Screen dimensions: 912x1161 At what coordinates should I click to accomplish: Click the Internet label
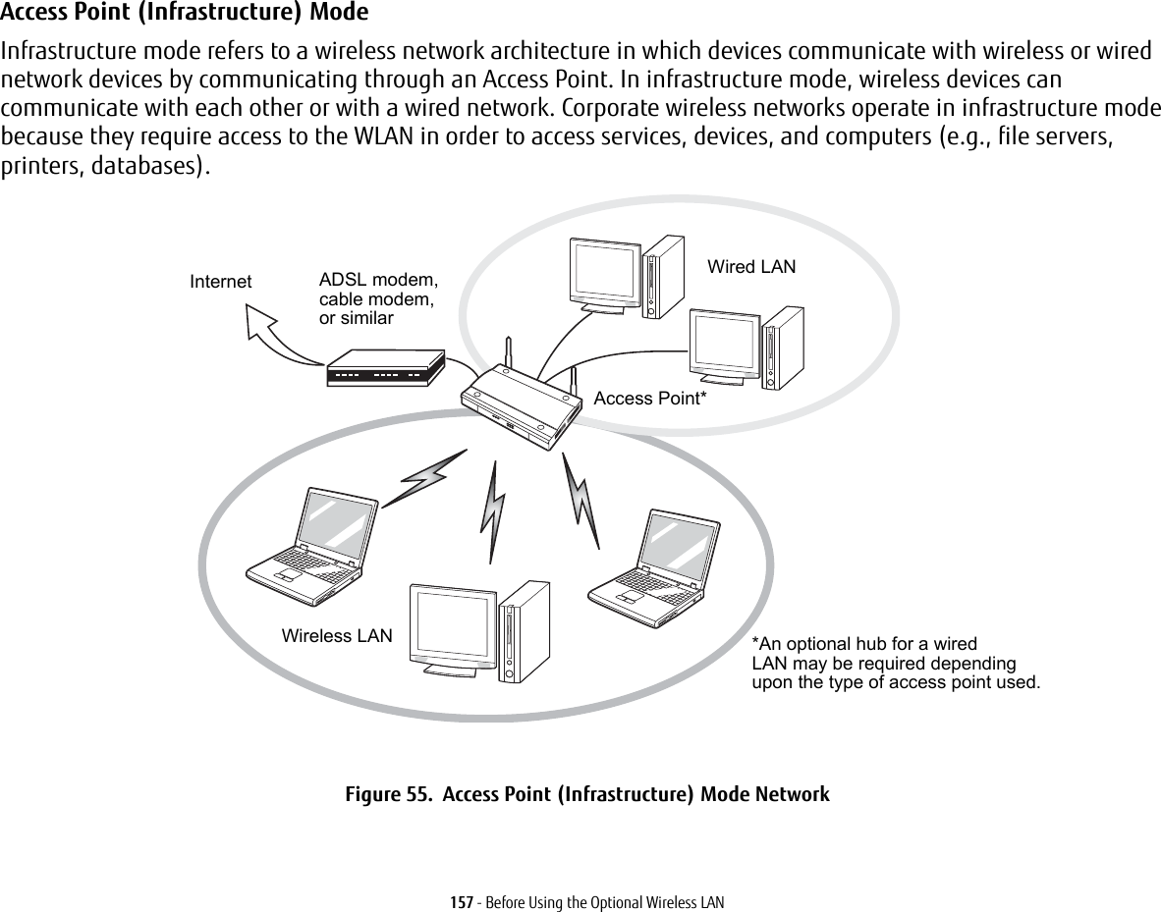pyautogui.click(x=220, y=282)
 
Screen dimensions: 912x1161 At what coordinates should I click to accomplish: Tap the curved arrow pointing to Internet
pyautogui.click(x=275, y=332)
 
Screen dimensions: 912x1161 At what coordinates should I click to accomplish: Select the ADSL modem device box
pyautogui.click(x=384, y=369)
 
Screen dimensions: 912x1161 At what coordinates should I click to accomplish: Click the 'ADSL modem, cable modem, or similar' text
pyautogui.click(x=378, y=298)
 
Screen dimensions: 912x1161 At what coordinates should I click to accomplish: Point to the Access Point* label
pyautogui.click(x=650, y=399)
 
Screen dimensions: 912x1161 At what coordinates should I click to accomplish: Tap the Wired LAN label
pyautogui.click(x=751, y=267)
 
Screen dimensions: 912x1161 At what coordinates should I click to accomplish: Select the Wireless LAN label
pyautogui.click(x=337, y=636)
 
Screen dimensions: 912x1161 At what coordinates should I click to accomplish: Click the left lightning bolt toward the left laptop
pyautogui.click(x=423, y=478)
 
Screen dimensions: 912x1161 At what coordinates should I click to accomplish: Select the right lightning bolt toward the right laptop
pyautogui.click(x=581, y=499)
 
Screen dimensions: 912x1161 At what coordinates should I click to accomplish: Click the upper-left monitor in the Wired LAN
pyautogui.click(x=604, y=272)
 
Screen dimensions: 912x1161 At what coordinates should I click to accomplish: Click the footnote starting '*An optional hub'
pyautogui.click(x=894, y=664)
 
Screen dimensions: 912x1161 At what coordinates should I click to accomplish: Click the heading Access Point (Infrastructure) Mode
pyautogui.click(x=186, y=13)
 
